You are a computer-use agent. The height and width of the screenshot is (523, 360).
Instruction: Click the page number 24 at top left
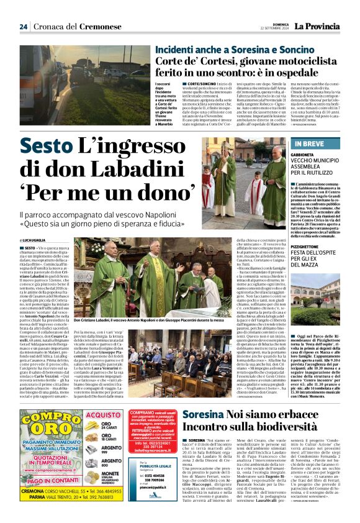23,26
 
